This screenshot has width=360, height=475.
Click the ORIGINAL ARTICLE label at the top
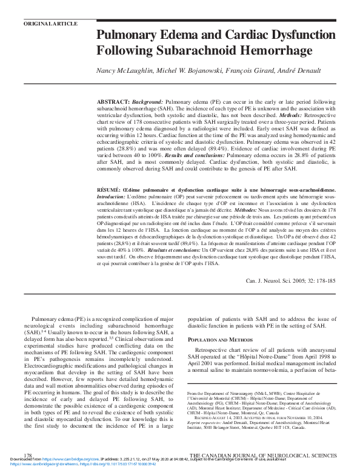click(50, 24)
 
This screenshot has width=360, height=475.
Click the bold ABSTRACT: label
click(113, 99)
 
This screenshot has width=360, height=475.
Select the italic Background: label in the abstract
click(147, 99)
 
